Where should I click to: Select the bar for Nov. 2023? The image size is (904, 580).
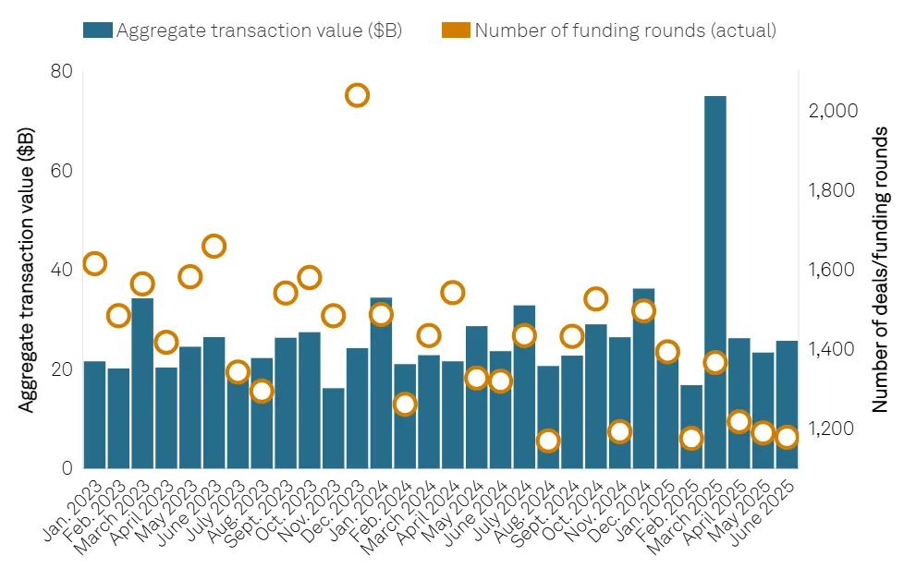tap(333, 428)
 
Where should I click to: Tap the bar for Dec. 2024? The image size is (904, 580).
tap(643, 379)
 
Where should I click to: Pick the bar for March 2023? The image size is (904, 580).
tap(142, 383)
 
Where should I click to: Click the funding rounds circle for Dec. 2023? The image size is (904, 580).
tap(357, 95)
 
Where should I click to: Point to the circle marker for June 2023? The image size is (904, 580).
tap(214, 247)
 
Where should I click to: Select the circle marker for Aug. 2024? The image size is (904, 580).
tap(548, 441)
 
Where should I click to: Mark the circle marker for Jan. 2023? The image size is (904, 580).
tap(94, 264)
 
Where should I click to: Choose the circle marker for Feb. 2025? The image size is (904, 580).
tap(691, 439)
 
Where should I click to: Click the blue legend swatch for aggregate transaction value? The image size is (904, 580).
tap(97, 30)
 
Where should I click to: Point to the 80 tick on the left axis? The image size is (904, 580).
tap(61, 72)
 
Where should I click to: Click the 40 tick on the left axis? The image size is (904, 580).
tap(61, 271)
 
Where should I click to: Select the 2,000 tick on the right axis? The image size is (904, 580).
tap(834, 111)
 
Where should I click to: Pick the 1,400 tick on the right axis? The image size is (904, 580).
tap(834, 350)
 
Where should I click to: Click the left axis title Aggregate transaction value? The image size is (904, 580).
tap(27, 270)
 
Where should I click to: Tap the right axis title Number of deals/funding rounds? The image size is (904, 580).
tap(879, 270)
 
